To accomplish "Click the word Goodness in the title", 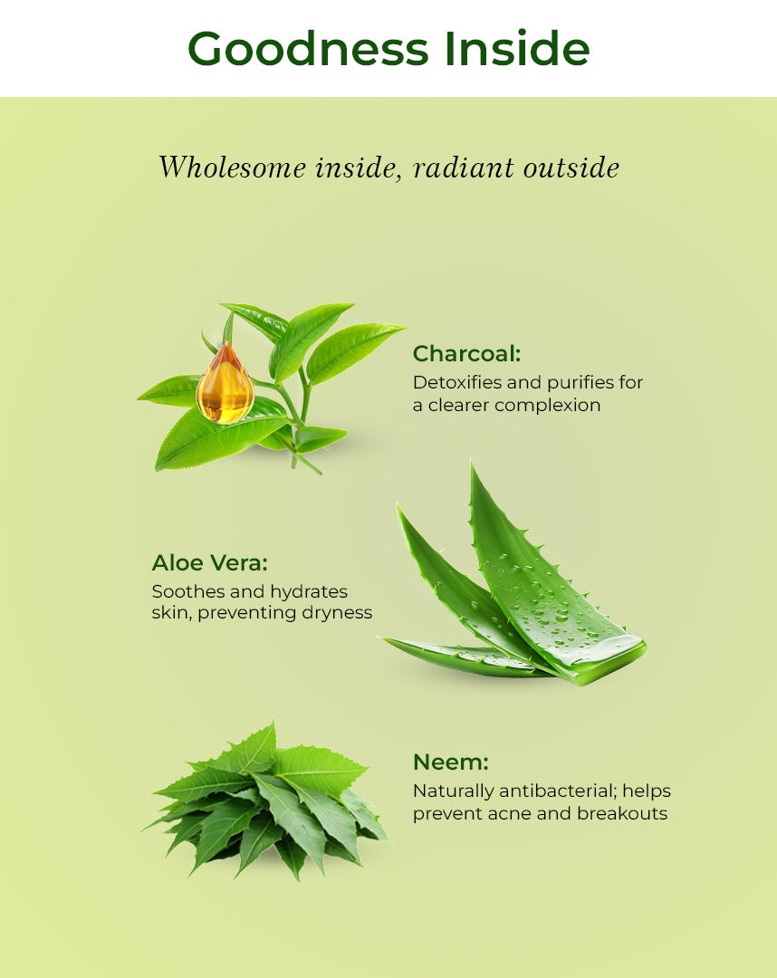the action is click(308, 49).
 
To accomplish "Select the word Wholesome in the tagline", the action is click(232, 168).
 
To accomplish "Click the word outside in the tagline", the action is click(571, 168).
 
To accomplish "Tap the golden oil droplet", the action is click(225, 384).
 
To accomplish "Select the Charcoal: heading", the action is click(466, 354).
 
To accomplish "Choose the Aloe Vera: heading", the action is click(209, 562).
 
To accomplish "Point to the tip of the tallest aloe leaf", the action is click(472, 464).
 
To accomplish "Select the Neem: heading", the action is click(450, 762).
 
